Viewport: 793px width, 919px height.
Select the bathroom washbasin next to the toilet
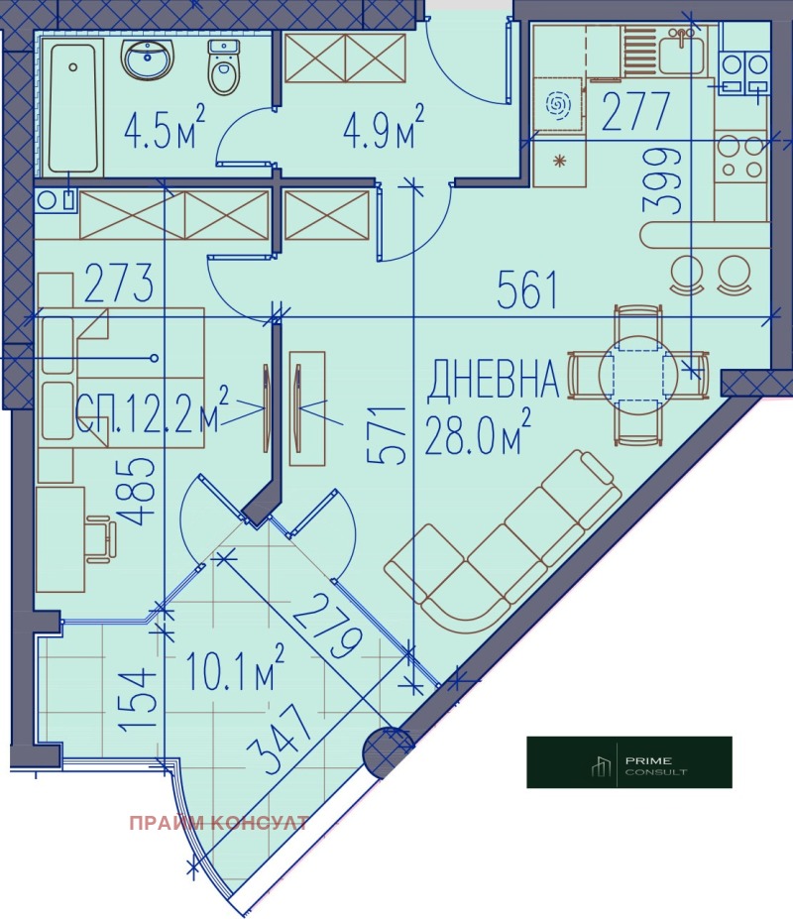click(x=149, y=59)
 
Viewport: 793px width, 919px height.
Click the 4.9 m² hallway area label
click(x=383, y=128)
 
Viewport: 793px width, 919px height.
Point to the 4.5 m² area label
click(x=164, y=128)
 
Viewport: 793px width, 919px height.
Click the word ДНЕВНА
click(x=494, y=380)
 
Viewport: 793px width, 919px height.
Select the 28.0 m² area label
click(x=477, y=433)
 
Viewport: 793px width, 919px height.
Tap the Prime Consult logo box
click(x=628, y=761)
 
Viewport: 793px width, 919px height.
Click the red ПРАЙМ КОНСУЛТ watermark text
click(x=217, y=823)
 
